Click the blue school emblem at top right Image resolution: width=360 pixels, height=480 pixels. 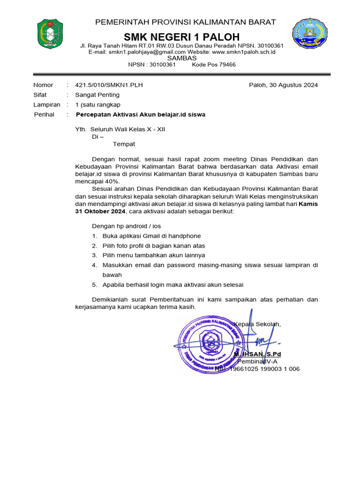[x=308, y=35]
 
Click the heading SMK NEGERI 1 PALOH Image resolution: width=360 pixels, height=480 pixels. [x=181, y=37]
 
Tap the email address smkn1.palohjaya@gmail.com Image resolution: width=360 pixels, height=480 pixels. [x=147, y=52]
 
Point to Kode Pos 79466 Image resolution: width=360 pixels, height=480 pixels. [x=214, y=65]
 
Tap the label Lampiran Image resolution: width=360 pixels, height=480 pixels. [x=47, y=105]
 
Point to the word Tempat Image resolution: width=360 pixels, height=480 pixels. [x=124, y=144]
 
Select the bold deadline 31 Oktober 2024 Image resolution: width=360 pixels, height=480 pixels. [x=100, y=212]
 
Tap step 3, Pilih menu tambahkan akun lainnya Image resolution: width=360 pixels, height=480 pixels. [x=154, y=255]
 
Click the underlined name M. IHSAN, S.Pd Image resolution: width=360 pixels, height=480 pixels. [x=257, y=354]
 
